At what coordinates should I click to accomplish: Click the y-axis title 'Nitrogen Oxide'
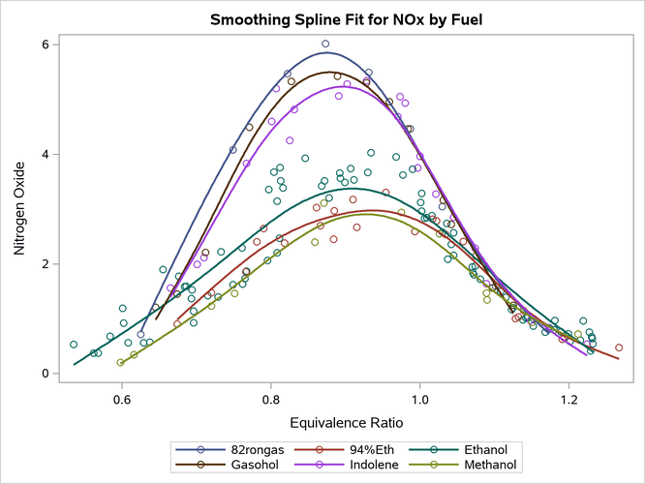[x=20, y=209]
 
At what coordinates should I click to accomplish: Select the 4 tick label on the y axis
[x=46, y=154]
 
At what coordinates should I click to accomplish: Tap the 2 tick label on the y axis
[x=46, y=264]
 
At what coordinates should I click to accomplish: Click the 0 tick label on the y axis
[x=46, y=374]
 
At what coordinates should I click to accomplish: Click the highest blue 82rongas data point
[x=325, y=44]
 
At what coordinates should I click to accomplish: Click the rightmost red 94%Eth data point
[x=619, y=348]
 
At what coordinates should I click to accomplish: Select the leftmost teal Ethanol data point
[x=74, y=344]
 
